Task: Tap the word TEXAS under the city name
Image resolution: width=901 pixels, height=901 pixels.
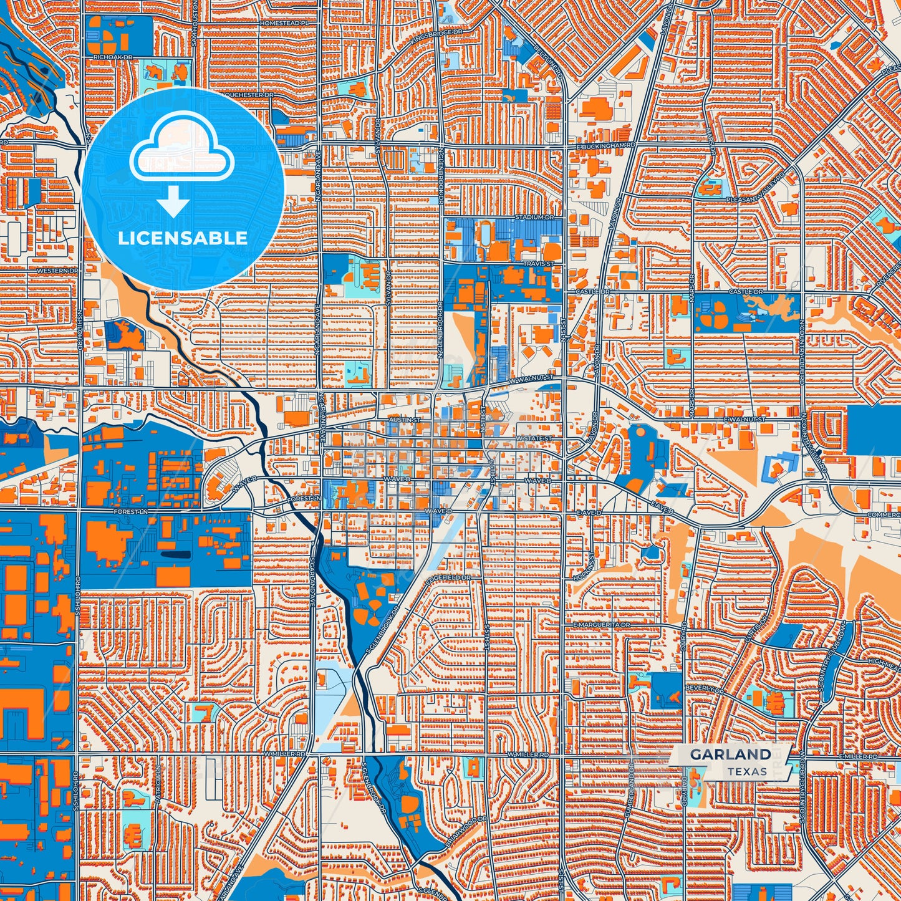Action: point(747,771)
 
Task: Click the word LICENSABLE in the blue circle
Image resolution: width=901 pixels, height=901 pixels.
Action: point(183,238)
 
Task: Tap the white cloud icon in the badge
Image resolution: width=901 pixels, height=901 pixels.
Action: point(181,150)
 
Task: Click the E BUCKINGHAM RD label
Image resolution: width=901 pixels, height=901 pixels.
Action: point(606,145)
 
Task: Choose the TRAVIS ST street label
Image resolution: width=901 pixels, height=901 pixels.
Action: point(538,264)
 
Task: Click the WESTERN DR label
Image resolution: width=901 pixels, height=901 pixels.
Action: point(58,271)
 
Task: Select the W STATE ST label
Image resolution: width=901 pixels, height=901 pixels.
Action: point(534,438)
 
